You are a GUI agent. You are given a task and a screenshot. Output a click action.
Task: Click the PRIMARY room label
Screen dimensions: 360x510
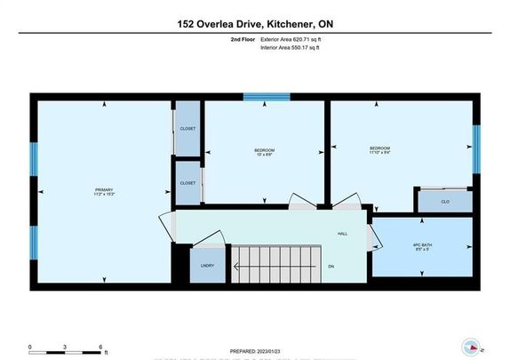coord(103,189)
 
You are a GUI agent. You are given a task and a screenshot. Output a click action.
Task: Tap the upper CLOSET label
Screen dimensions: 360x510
coord(187,128)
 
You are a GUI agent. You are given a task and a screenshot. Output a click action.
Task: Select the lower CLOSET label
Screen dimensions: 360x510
coord(187,182)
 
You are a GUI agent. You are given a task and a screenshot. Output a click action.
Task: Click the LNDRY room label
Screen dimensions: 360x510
coord(208,265)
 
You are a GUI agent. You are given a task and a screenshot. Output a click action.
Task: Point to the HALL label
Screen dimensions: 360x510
coord(342,234)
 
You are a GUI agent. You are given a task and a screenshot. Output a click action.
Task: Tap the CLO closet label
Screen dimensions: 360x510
coord(445,202)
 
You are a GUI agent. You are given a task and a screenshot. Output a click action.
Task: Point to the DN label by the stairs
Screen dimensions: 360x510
coord(331,266)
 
